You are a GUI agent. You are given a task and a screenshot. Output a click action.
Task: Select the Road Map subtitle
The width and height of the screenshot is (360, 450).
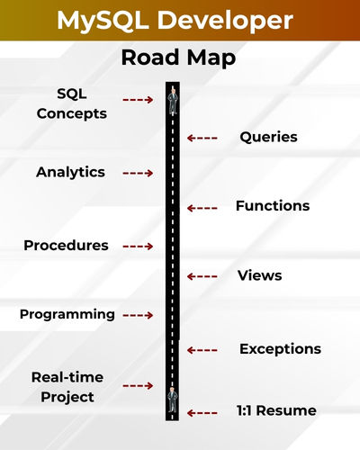point(178,58)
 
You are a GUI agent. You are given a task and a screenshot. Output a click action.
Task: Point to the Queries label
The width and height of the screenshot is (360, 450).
point(268,138)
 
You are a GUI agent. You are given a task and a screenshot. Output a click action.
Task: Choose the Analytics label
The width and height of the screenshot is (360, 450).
point(70,172)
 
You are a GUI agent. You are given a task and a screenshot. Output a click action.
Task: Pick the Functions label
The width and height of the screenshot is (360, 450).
point(272,206)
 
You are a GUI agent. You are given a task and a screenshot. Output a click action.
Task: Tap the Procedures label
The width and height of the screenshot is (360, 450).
point(66,245)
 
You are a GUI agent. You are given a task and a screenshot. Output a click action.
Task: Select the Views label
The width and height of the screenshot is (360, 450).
point(259,275)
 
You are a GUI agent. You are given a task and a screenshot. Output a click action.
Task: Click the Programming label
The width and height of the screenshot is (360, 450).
point(67,314)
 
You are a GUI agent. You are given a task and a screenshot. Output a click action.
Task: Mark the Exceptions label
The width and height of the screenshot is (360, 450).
point(280,348)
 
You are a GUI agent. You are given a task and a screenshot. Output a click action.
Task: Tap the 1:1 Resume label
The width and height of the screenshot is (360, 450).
point(276,410)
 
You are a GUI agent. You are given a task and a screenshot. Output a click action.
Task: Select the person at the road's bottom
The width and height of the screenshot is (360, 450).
point(171,399)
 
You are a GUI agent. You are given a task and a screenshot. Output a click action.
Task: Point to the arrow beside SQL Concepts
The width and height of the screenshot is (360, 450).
point(138,100)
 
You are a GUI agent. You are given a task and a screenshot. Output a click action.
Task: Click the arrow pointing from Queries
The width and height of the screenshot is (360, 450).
point(202,138)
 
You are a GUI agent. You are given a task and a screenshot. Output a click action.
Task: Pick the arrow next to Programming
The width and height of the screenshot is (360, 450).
point(138,315)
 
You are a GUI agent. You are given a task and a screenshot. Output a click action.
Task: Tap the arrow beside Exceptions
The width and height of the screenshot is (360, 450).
point(202,349)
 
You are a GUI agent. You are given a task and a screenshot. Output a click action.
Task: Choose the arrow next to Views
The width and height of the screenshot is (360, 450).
point(202,275)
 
